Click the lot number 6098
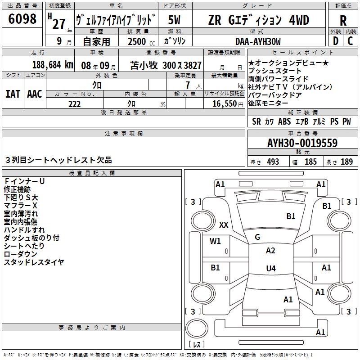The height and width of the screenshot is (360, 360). [x=22, y=19]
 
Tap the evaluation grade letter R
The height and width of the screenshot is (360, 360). [x=343, y=21]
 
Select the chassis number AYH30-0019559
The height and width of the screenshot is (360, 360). [x=302, y=144]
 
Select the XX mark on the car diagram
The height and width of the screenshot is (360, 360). [x=224, y=225]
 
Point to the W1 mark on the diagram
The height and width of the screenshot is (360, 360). [x=215, y=241]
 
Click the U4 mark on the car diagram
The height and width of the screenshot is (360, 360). [x=270, y=269]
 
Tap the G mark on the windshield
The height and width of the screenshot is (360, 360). [x=257, y=237]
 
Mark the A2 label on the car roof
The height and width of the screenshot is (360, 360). [x=270, y=251]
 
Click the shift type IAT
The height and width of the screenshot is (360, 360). [x=13, y=94]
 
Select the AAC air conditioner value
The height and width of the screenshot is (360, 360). [x=35, y=94]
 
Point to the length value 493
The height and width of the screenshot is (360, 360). [x=273, y=162]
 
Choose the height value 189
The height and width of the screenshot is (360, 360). [x=346, y=162]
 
